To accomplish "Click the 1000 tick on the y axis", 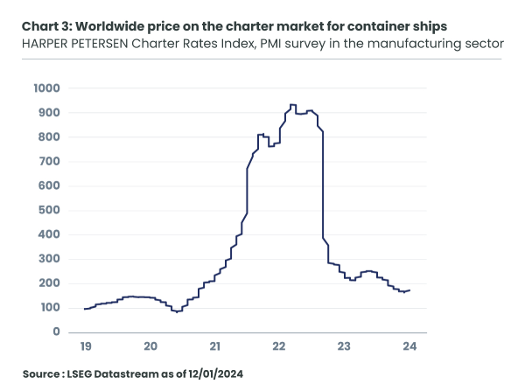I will click(45, 88).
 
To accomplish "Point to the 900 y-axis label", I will click(47, 113).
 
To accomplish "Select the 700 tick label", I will click(47, 162).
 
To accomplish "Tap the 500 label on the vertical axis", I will click(47, 210).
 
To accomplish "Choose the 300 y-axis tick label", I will click(47, 259).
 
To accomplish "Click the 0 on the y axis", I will click(55, 332).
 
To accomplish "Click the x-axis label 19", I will click(85, 346).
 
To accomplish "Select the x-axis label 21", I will click(215, 346).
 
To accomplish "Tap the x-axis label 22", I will click(280, 346).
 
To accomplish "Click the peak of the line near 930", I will click(292, 105).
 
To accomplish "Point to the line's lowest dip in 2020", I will click(177, 311).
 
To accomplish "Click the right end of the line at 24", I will click(409, 290).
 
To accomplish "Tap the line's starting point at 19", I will click(85, 309).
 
